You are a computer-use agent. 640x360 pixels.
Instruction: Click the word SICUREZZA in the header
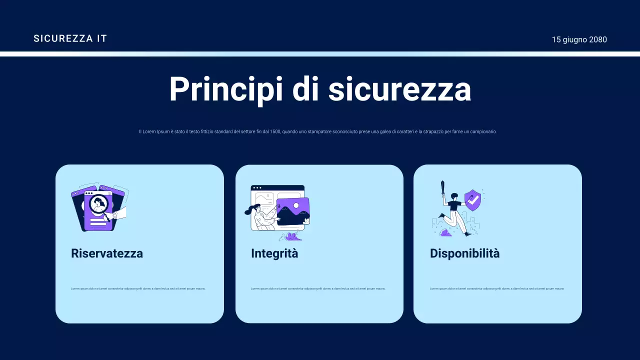point(63,38)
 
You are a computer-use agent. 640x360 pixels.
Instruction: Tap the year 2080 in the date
point(598,39)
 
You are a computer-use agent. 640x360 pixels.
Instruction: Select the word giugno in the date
point(575,40)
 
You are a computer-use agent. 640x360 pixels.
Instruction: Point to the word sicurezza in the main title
point(399,89)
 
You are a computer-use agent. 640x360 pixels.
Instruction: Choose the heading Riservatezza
point(107,253)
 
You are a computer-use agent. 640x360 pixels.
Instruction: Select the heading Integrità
point(274,253)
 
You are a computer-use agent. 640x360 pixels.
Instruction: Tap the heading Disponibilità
point(464,253)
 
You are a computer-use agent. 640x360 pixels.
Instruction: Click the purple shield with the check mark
point(472,200)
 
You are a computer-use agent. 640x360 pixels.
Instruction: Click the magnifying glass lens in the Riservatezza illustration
point(98,203)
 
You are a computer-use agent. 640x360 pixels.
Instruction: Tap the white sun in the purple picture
point(296,205)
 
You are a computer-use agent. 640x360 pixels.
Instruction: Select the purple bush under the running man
point(445,232)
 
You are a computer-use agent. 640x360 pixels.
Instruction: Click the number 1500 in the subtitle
point(275,131)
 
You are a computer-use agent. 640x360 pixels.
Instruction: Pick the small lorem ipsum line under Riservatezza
point(138,288)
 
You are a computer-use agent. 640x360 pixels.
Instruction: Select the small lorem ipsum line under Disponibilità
point(497,288)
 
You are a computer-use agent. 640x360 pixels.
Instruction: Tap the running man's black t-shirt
point(454,205)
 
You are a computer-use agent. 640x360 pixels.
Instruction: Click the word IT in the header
point(102,38)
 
